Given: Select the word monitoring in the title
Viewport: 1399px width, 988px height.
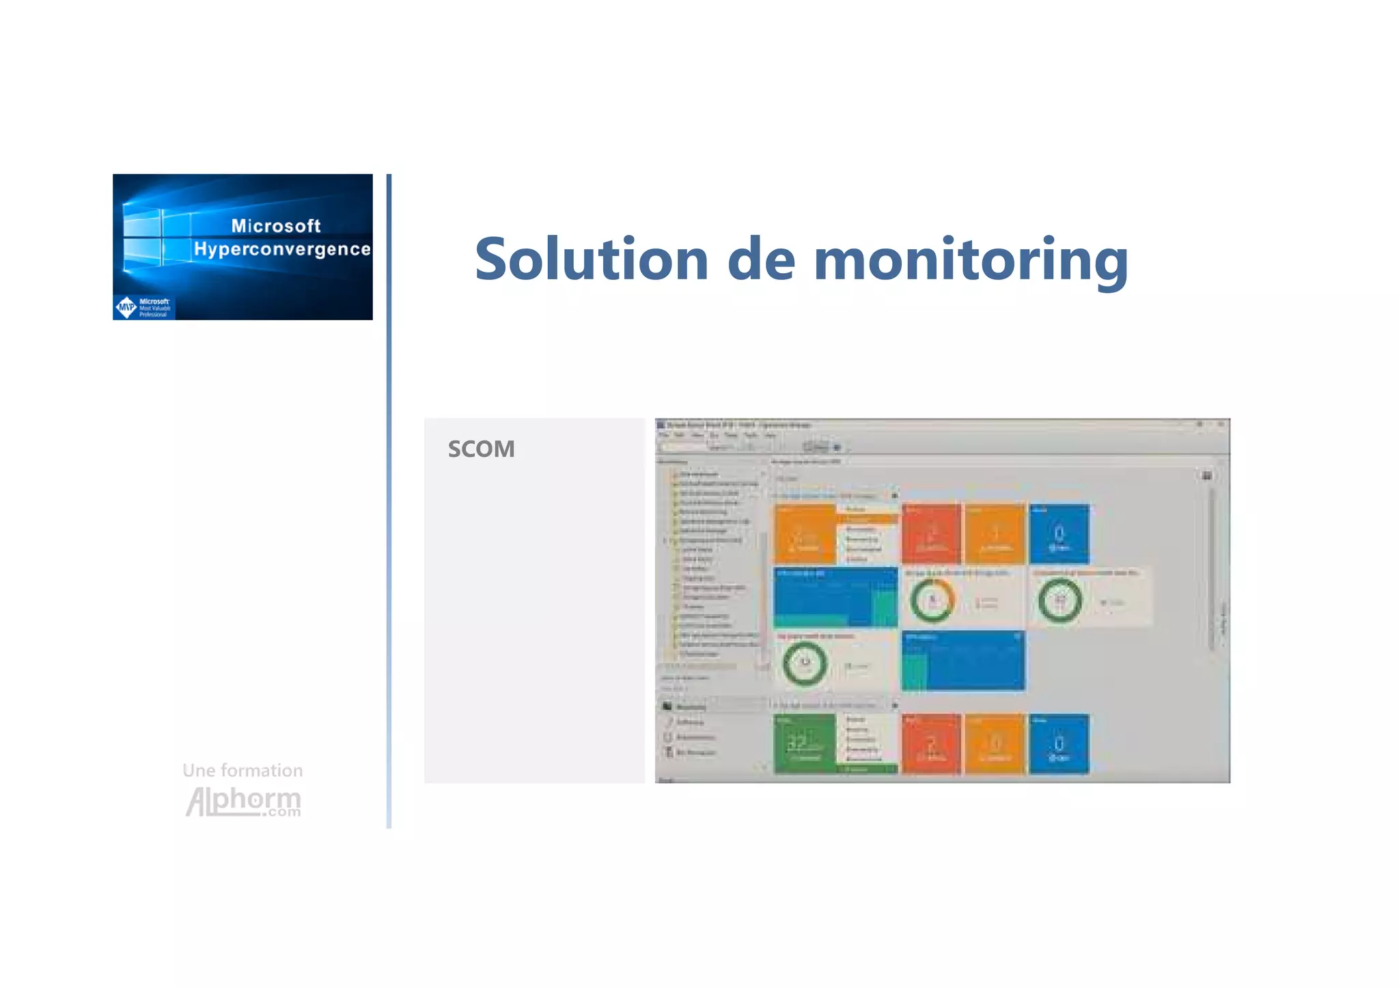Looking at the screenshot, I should [971, 261].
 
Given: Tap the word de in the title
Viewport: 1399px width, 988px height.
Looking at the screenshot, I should [761, 259].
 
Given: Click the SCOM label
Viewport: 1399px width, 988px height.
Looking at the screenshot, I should [481, 449].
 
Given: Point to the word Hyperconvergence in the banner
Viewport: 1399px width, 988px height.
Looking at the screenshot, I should [282, 249].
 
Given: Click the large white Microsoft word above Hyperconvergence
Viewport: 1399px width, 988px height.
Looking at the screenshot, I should [276, 226].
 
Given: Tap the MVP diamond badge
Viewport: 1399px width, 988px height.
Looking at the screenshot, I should [126, 307].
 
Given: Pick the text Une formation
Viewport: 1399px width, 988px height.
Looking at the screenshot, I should [243, 770].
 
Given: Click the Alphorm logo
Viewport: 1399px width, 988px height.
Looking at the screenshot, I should [243, 801].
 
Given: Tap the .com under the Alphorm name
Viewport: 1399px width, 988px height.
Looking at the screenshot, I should [284, 813].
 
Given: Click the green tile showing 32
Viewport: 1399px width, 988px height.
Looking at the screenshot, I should [805, 743].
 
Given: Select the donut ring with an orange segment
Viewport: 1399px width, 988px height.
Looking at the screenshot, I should [932, 601].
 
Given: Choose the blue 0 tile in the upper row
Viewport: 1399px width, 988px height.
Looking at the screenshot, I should [1059, 534].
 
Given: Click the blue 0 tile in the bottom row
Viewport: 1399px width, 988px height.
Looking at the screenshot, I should [1059, 744].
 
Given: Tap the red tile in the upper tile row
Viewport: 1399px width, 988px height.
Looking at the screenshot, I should [931, 534].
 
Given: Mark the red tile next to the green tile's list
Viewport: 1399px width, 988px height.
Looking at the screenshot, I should [931, 744].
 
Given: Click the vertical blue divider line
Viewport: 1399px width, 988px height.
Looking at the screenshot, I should [389, 500].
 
